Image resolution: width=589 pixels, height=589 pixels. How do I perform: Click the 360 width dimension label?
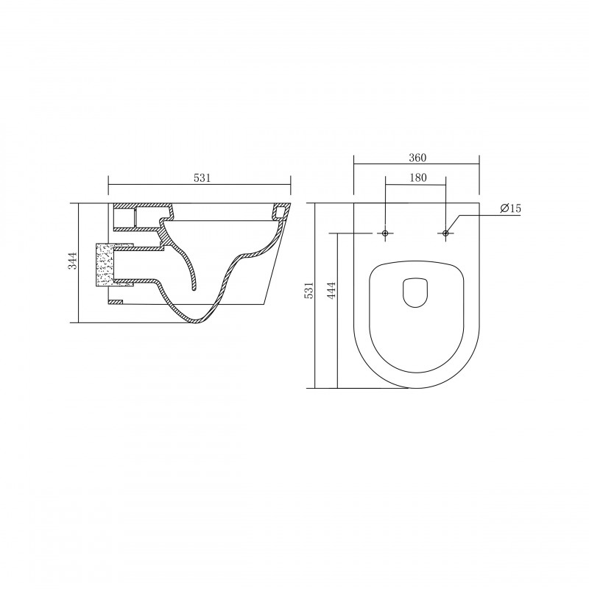(x=417, y=158)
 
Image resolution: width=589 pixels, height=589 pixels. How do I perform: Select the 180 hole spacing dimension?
(x=417, y=177)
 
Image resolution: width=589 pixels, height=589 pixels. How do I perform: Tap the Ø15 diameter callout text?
(x=511, y=208)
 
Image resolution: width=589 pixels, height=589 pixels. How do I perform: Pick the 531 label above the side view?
(x=202, y=177)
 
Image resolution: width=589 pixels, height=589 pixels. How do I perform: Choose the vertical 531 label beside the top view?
(x=308, y=290)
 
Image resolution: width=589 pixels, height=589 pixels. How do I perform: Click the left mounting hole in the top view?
(x=385, y=233)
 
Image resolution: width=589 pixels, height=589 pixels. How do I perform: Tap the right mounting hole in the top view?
(x=445, y=233)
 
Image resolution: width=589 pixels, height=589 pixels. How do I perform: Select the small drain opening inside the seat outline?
(x=415, y=293)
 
